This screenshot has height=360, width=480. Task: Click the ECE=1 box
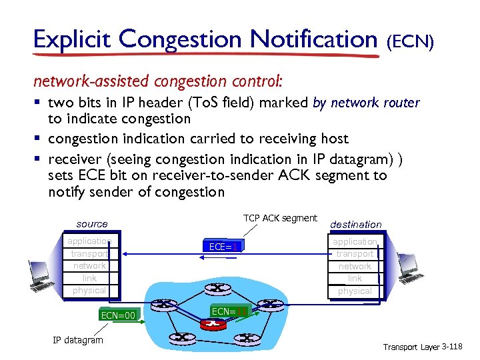pos(223,247)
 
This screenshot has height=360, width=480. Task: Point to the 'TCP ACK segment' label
pos(280,219)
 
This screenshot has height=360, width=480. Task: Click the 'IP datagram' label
pos(78,340)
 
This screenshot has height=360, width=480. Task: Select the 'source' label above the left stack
pos(91,223)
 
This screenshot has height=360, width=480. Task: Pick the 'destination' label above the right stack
pos(355,225)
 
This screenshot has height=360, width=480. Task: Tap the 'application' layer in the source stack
pos(89,241)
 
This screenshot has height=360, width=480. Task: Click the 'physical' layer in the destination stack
pos(355,291)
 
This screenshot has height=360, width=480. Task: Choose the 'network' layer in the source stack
pos(89,265)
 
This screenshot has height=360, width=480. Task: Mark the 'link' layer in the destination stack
pos(355,279)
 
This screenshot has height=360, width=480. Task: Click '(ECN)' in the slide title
pos(411,43)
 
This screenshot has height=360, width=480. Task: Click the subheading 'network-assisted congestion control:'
pos(158,81)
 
